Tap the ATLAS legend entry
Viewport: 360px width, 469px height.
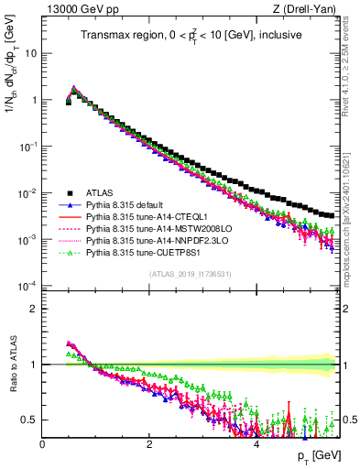(101, 193)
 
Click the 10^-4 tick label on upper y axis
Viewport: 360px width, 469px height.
(27, 286)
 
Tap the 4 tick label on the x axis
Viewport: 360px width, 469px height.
(256, 442)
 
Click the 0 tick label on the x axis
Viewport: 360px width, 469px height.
(42, 442)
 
